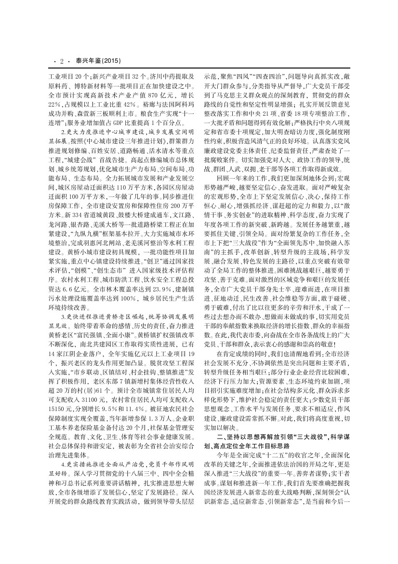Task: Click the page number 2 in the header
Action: pos(62,61)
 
